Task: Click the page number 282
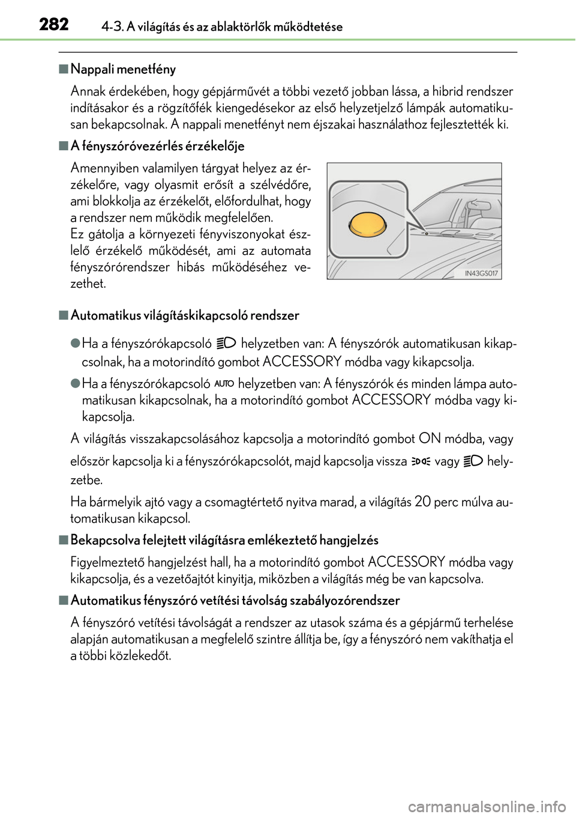(54, 25)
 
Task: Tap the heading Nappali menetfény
(123, 69)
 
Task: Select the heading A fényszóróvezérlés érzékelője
(157, 146)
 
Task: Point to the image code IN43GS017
(481, 273)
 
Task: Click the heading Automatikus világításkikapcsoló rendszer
(185, 315)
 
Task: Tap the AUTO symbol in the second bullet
(224, 383)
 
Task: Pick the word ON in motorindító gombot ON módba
(430, 439)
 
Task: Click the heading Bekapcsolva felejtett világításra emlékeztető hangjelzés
(224, 540)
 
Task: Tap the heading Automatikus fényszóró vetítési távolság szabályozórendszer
(235, 600)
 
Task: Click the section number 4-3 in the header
(112, 26)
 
